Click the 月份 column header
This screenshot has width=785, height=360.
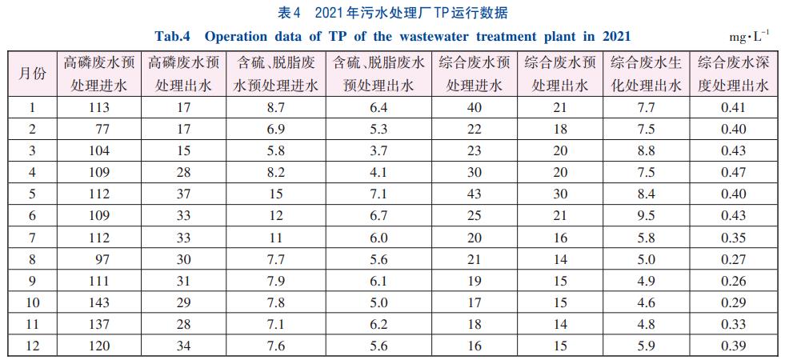tap(32, 73)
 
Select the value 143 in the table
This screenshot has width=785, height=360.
tap(100, 302)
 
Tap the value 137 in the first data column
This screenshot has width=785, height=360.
tap(100, 323)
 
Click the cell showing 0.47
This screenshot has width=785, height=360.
tap(733, 172)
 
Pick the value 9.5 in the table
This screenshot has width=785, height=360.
tap(646, 215)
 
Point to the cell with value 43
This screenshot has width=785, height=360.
tap(474, 194)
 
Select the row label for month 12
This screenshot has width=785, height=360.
tap(32, 345)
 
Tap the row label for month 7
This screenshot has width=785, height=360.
tap(32, 237)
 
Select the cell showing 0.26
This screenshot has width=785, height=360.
tap(733, 280)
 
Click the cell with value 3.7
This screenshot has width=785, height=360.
tap(378, 150)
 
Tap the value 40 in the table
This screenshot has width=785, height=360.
tap(474, 107)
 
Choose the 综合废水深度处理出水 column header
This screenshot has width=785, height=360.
tap(733, 73)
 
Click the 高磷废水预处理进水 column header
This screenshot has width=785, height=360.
tap(100, 73)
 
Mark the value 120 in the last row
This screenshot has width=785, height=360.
tap(100, 345)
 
